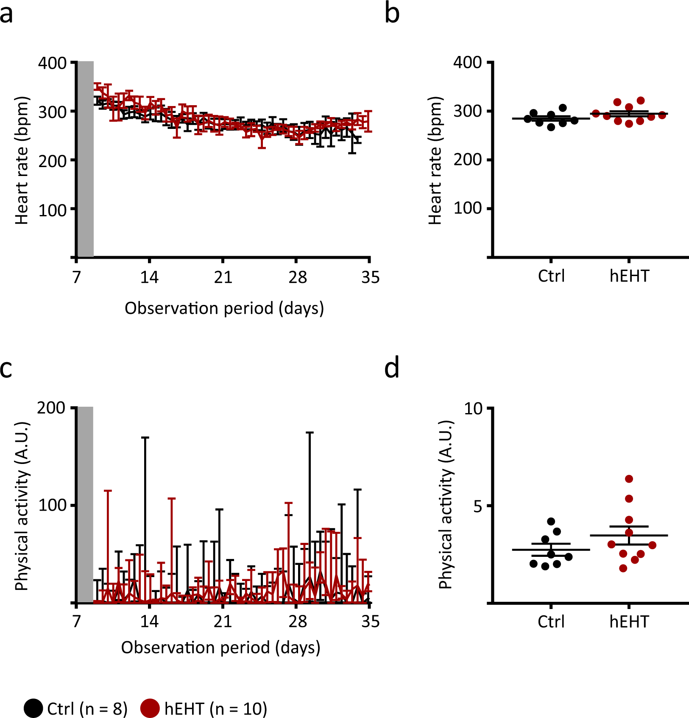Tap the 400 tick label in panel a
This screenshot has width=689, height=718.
(53, 63)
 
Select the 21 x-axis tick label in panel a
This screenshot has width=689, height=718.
(223, 277)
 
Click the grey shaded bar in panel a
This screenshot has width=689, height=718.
(85, 159)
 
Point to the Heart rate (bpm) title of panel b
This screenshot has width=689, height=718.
(435, 160)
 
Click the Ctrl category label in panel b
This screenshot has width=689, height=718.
(551, 276)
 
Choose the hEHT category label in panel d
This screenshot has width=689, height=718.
(629, 622)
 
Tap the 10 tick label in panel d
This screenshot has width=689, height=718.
(473, 409)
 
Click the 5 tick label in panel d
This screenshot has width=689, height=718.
(478, 506)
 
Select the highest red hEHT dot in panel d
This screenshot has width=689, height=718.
(629, 479)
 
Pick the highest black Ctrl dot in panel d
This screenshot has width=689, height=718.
(551, 521)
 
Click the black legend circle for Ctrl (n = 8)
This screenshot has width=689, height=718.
(33, 708)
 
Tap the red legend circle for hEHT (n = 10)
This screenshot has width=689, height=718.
(150, 708)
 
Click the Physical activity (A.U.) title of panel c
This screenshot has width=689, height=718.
(22, 506)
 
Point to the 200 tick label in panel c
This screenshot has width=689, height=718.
(51, 408)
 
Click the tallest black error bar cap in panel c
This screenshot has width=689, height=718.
(310, 433)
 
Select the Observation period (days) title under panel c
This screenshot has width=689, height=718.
(220, 648)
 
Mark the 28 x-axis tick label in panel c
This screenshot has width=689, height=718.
(298, 622)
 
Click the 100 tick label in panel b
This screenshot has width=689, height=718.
(467, 208)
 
